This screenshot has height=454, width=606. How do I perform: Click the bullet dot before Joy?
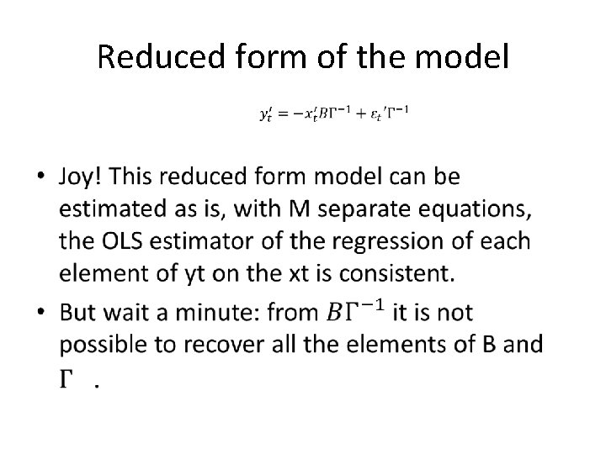[x=44, y=179]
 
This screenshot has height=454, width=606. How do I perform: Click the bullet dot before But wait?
[x=44, y=314]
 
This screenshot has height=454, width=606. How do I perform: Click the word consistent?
[x=388, y=272]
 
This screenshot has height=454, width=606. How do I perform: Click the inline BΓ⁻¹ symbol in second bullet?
[x=355, y=312]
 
